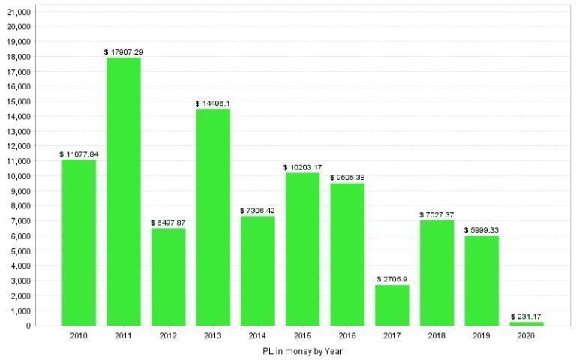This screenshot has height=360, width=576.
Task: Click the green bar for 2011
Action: (x=124, y=191)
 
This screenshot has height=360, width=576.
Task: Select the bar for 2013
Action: (x=213, y=217)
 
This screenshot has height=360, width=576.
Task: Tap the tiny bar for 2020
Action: (x=526, y=323)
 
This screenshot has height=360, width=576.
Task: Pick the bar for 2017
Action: (x=392, y=305)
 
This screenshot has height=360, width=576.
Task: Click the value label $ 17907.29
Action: (x=124, y=52)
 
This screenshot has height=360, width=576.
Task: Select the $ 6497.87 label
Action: (x=169, y=223)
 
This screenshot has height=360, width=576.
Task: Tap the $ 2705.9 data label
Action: (x=392, y=280)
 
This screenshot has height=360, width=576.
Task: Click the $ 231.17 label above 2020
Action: (x=526, y=316)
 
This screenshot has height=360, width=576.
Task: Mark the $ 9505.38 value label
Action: (x=347, y=178)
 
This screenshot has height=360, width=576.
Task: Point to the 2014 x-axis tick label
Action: (x=257, y=337)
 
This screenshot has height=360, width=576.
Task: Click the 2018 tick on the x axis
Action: (x=436, y=337)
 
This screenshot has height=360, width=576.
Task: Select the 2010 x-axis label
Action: (x=79, y=337)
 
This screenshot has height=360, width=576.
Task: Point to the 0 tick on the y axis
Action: (x=28, y=325)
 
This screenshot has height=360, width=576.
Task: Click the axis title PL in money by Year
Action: (x=302, y=350)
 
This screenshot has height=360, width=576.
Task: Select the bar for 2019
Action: (x=481, y=280)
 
